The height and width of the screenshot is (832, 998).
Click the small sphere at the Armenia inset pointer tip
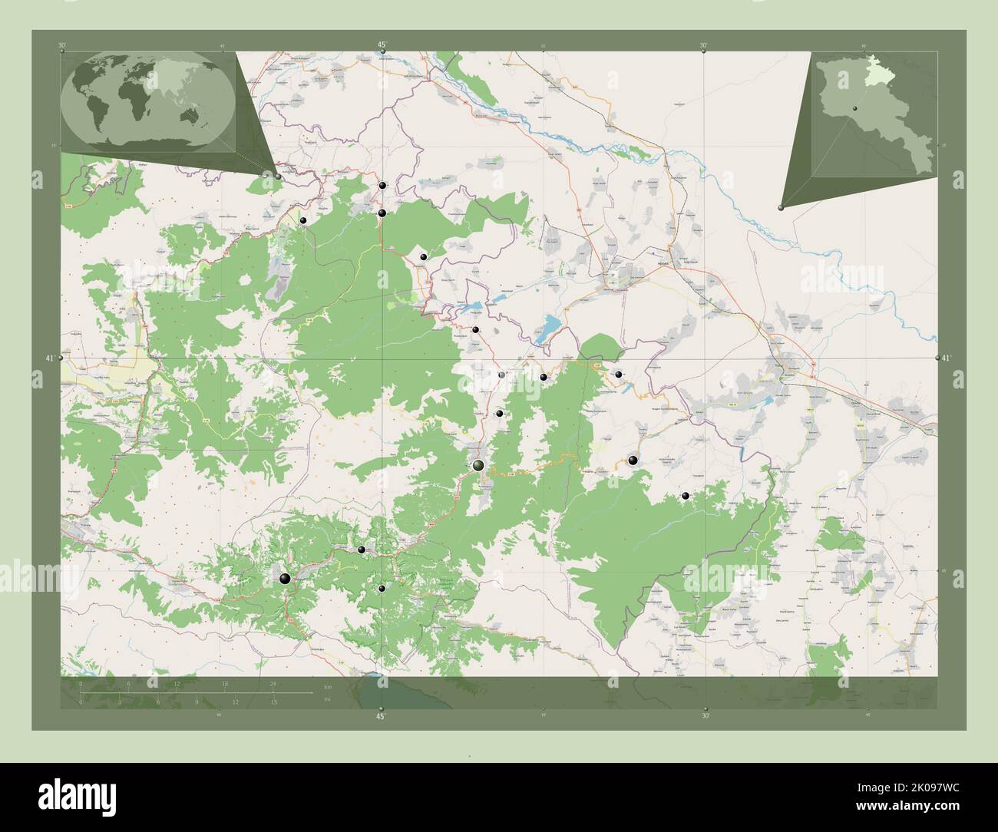pyautogui.click(x=781, y=206)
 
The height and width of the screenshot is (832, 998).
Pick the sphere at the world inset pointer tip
pyautogui.click(x=278, y=176)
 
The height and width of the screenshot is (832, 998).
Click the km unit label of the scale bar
pyautogui.click(x=327, y=686)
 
